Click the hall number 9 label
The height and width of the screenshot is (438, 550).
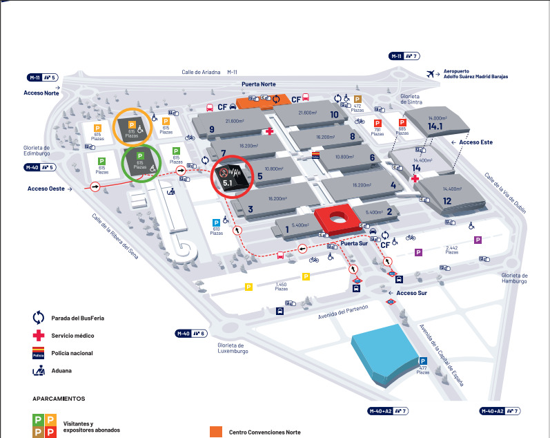click(211, 128)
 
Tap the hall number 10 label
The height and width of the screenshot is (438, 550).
click(334, 115)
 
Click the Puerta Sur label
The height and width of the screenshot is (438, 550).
click(354, 242)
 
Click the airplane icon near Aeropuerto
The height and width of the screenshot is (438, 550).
click(432, 73)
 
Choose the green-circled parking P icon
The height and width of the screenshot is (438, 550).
click(139, 156)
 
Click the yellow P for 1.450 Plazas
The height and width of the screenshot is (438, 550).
click(306, 277)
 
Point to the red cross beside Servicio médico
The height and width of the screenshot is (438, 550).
click(39, 336)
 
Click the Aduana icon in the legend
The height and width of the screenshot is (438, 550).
click(39, 370)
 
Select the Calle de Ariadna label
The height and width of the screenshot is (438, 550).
click(200, 71)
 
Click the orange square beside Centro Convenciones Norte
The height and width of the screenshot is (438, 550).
click(216, 431)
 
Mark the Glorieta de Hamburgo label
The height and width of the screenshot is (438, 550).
click(514, 278)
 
